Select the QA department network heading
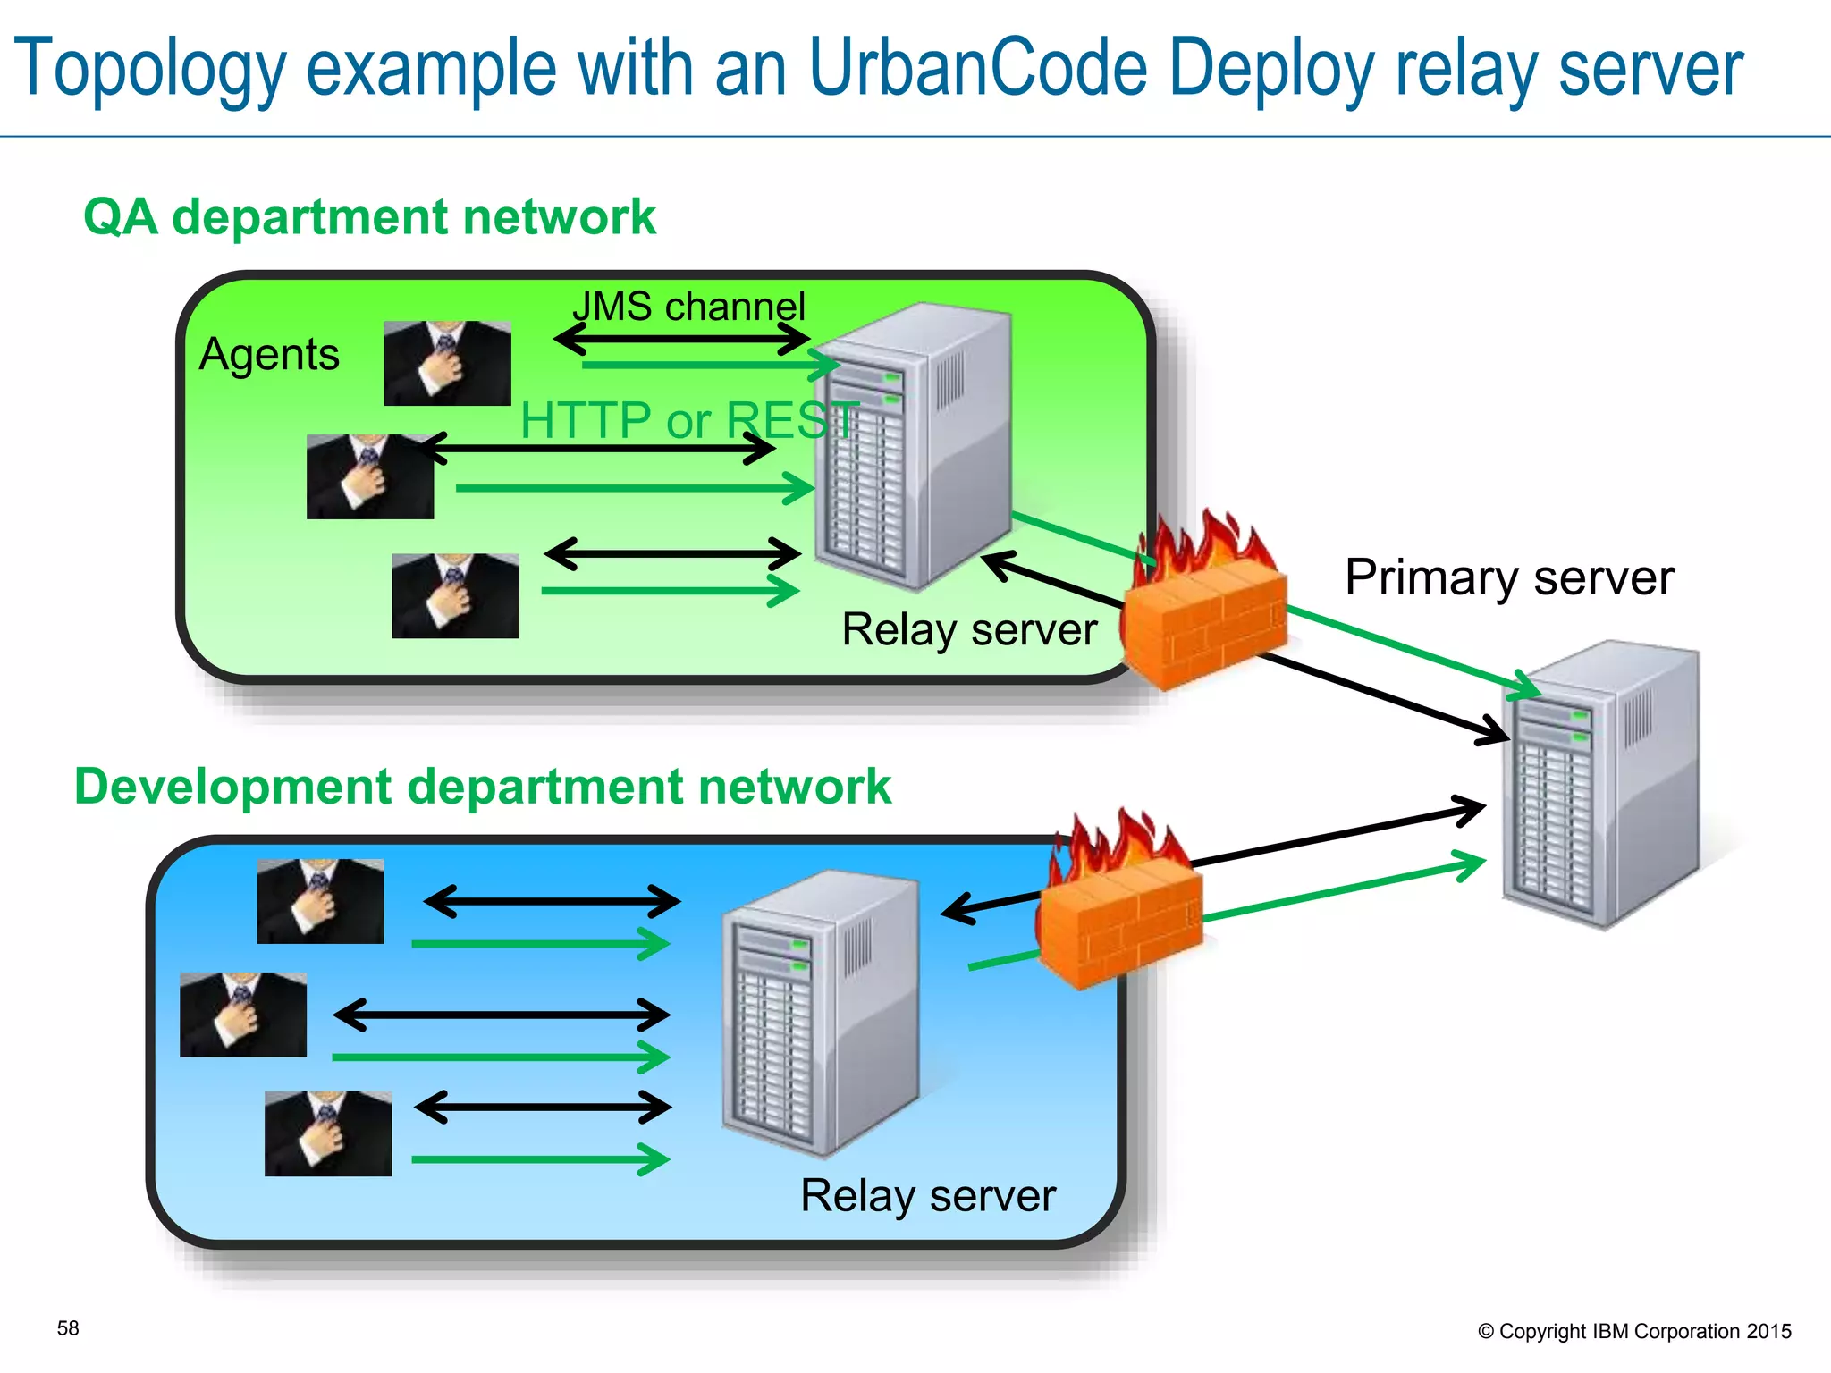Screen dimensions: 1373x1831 [x=369, y=217]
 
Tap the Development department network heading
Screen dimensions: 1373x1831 [x=483, y=787]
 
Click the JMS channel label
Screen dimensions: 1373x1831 [x=688, y=307]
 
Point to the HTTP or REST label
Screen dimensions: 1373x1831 [x=689, y=420]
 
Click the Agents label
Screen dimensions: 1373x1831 [x=269, y=355]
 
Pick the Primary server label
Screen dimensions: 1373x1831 [x=1509, y=577]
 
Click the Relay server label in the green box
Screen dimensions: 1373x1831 [x=969, y=629]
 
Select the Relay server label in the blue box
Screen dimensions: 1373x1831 [x=928, y=1196]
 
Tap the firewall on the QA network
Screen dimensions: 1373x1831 [x=1203, y=608]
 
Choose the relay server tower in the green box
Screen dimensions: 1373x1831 [x=912, y=447]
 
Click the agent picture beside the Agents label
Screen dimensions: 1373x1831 [x=447, y=364]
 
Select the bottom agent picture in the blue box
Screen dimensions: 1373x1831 [x=328, y=1133]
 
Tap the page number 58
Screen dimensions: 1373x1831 [x=68, y=1328]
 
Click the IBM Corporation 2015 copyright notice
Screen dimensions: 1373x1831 [x=1634, y=1331]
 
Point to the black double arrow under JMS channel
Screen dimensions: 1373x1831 [x=681, y=339]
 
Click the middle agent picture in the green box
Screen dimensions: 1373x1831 [x=369, y=476]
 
